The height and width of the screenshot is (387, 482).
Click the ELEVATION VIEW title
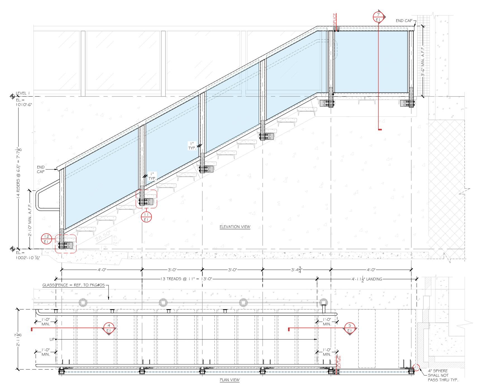pyautogui.click(x=235, y=227)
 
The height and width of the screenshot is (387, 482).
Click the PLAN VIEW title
pyautogui.click(x=229, y=380)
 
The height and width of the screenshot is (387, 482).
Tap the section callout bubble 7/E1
pyautogui.click(x=378, y=17)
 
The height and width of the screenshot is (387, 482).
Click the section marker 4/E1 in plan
pyautogui.click(x=109, y=328)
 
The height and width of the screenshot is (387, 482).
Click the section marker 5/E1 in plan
pyautogui.click(x=349, y=328)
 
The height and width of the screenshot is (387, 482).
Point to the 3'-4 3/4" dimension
pyautogui.click(x=297, y=270)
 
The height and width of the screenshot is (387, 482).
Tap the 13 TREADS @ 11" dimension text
pyautogui.click(x=186, y=279)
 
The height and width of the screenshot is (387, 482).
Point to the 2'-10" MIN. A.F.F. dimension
pyautogui.click(x=30, y=219)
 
